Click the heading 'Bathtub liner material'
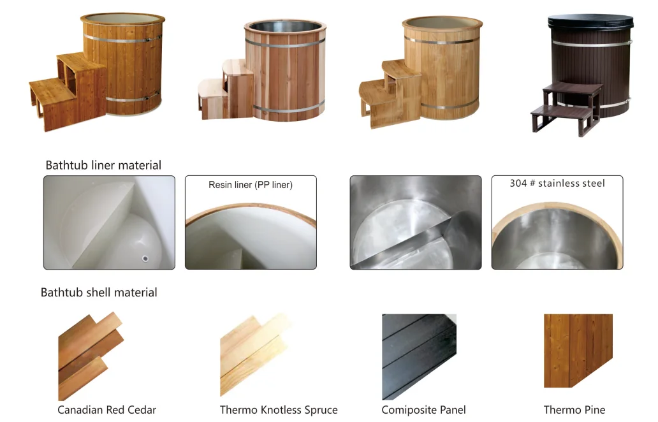(x=103, y=165)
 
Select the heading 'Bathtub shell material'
(x=99, y=293)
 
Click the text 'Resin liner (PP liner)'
(x=251, y=186)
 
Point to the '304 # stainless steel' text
(x=557, y=184)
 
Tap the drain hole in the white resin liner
(x=145, y=258)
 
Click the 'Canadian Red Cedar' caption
(x=106, y=410)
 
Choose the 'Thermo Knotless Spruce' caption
(x=279, y=410)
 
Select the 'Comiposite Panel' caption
(x=423, y=410)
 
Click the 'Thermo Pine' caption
(x=574, y=410)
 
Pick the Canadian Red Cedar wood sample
(x=89, y=354)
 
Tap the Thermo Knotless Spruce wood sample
(x=252, y=354)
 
